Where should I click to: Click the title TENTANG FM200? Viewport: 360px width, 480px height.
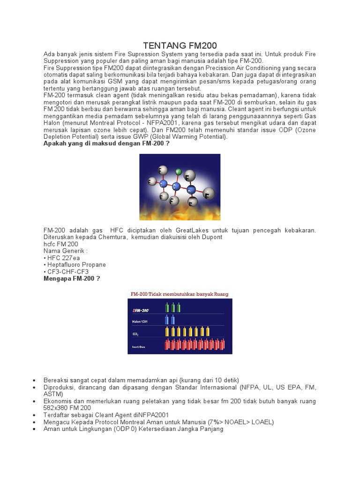(x=180, y=45)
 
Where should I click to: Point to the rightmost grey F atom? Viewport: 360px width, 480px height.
(x=210, y=193)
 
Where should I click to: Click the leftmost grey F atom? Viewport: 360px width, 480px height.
(x=152, y=181)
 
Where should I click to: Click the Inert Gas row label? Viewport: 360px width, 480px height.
(x=139, y=347)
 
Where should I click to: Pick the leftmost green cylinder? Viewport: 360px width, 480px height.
(x=167, y=307)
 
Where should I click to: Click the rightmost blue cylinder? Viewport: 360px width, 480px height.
(x=173, y=320)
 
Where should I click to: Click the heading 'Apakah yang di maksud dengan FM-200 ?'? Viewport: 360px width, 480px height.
(x=106, y=143)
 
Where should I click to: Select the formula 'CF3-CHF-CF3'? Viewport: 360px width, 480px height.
(x=67, y=271)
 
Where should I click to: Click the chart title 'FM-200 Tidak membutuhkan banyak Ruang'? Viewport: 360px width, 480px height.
(x=179, y=294)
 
